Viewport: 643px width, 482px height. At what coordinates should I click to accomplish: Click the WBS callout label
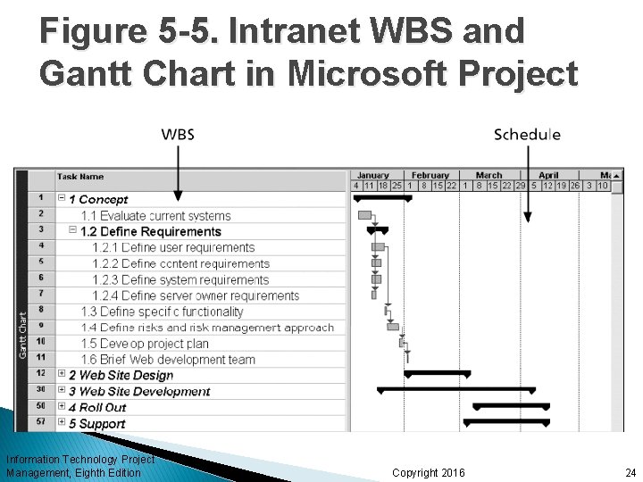click(178, 135)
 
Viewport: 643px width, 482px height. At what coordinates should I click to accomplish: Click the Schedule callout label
click(527, 135)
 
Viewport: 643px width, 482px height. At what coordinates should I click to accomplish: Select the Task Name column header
click(80, 177)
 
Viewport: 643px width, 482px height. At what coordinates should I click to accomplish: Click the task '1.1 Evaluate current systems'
click(155, 215)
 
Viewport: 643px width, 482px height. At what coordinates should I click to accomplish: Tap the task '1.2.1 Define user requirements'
click(173, 247)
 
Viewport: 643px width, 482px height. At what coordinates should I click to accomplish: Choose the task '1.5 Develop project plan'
click(144, 344)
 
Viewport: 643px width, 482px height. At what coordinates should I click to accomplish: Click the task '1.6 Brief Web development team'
click(168, 360)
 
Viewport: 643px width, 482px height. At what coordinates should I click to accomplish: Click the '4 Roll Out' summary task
click(97, 408)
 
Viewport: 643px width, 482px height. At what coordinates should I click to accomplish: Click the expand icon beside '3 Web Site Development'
click(62, 391)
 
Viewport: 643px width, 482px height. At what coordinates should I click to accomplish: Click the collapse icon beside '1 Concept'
click(62, 199)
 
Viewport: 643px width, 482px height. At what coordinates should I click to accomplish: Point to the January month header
click(372, 175)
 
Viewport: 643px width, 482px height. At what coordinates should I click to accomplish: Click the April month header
click(548, 175)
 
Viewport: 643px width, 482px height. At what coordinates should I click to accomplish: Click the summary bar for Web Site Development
click(456, 390)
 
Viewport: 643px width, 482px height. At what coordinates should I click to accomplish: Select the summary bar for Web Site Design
click(437, 373)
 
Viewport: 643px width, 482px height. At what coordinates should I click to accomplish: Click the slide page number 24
click(630, 472)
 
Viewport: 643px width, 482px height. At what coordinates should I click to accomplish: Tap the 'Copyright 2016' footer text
click(428, 472)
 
